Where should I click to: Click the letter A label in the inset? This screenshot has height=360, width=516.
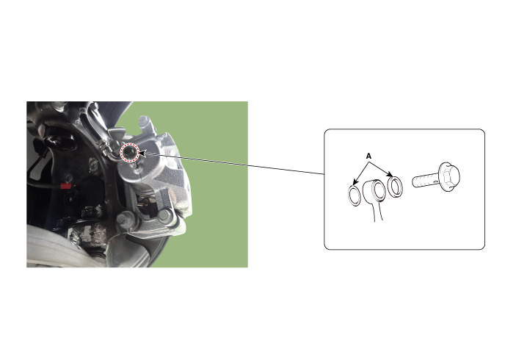pos(368,156)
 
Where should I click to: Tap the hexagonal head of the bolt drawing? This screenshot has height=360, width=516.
pos(449,176)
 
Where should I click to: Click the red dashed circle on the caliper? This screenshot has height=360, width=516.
pos(129,153)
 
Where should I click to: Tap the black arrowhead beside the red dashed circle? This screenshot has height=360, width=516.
pos(142,153)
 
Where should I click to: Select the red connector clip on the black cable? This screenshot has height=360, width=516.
pos(66,186)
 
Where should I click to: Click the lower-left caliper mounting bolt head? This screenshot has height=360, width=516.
pos(123,218)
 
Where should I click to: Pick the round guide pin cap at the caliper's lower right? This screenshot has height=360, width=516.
pos(164,217)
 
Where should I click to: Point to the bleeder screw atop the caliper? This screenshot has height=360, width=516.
pos(145,122)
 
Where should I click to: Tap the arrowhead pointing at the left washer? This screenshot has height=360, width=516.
pos(355,182)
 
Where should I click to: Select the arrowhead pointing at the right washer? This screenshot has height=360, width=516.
pos(390,174)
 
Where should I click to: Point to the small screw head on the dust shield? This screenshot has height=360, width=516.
pos(93,162)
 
